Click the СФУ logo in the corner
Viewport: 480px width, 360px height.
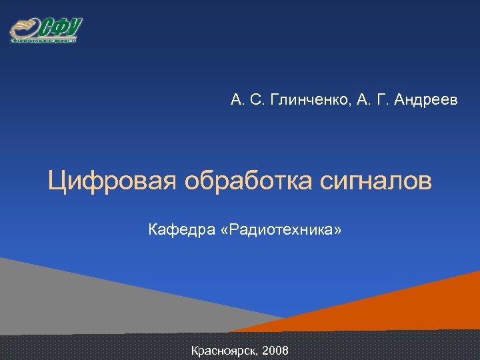pos(45,29)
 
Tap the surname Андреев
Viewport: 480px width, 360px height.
pos(426,101)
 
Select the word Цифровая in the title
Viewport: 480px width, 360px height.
pos(111,181)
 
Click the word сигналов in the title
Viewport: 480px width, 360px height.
pos(375,181)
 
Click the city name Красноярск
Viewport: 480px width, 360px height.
pos(223,350)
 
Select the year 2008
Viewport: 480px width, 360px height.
pos(275,350)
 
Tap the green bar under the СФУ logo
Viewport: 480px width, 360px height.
pos(43,40)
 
